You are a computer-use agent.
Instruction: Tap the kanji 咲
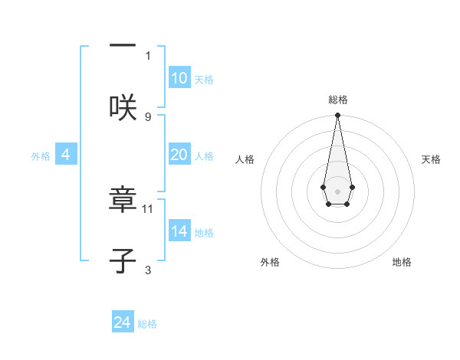point(123,106)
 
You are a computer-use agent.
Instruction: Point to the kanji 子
point(123,261)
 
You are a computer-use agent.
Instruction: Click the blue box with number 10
point(179,78)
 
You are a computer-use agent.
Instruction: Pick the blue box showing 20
point(179,155)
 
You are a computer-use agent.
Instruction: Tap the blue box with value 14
point(179,231)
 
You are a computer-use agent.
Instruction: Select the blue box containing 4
point(66,155)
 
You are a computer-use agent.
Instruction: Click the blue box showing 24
point(123,322)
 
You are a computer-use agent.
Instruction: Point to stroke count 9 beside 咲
point(148,116)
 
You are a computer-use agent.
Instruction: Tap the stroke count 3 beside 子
point(148,270)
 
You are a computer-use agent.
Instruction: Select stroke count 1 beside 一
point(148,55)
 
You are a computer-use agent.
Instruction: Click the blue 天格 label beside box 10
point(204,80)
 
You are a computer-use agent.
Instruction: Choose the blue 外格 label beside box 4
point(41,156)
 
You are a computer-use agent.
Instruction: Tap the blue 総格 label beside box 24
point(147,324)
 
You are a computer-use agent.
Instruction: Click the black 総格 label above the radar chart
point(337,100)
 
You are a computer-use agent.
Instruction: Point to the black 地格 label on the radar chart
point(402,262)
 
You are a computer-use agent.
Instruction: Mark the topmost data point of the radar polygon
point(337,116)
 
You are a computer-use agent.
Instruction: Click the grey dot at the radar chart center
point(337,190)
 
